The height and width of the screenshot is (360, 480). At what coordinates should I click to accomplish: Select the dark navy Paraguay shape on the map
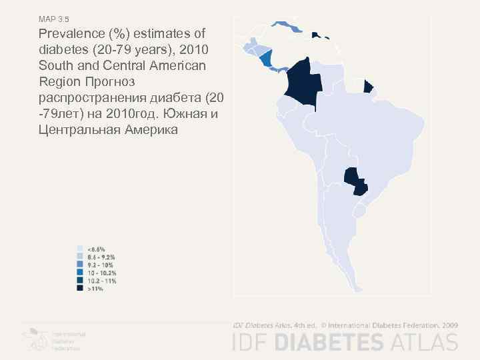354,181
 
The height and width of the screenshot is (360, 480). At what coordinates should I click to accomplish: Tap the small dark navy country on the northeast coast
367,87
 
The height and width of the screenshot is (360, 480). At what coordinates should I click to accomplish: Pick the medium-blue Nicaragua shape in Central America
267,59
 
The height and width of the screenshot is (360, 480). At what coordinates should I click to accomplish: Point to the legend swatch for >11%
80,289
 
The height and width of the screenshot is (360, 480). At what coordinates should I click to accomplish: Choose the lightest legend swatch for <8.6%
80,249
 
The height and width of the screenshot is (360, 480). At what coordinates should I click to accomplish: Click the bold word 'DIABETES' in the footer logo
329,342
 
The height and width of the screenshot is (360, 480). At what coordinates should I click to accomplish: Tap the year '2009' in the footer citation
449,325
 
